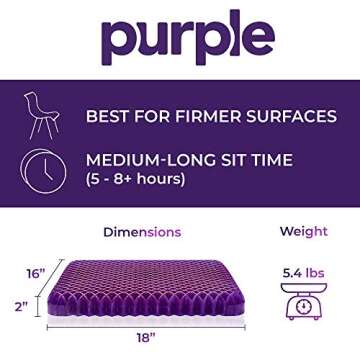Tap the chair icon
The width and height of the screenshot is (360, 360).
(42, 116)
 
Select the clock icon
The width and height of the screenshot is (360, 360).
(44, 169)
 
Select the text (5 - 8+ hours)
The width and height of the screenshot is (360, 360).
(135, 180)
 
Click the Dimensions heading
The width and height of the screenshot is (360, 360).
(142, 232)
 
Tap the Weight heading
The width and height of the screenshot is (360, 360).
(303, 232)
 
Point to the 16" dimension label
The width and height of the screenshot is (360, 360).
(36, 272)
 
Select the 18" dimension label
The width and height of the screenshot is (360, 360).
(146, 338)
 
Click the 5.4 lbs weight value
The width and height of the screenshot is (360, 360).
(303, 272)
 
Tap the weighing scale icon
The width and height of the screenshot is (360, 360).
(303, 301)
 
